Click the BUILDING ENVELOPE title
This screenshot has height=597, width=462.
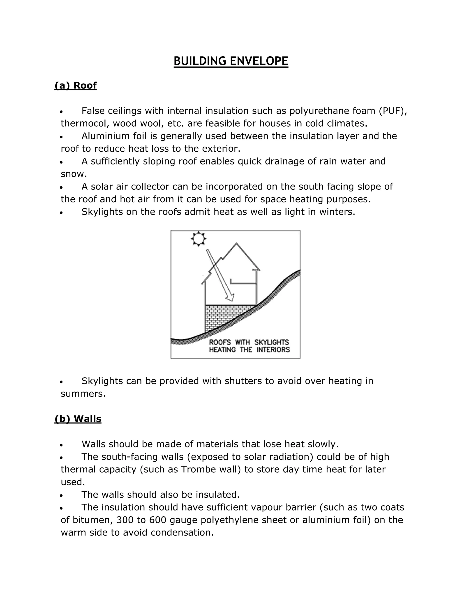[231, 61]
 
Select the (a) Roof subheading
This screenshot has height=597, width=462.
[76, 86]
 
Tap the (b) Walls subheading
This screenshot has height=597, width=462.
[78, 419]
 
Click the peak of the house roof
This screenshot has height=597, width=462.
[236, 244]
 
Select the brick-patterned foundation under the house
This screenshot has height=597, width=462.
[222, 317]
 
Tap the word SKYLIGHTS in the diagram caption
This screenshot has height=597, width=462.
[272, 342]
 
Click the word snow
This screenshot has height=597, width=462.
[73, 174]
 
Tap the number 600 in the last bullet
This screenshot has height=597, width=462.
[158, 520]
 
